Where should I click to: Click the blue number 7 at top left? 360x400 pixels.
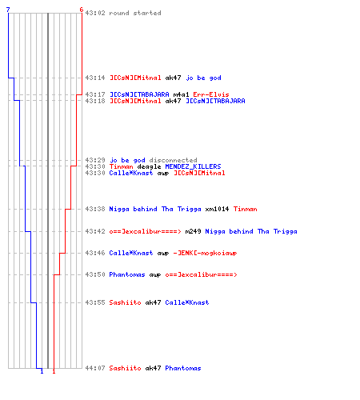coord(8,10)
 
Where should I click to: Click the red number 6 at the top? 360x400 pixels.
coord(82,10)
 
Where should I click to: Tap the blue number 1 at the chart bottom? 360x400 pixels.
coord(42,371)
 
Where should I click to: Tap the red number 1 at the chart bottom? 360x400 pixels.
coord(54,371)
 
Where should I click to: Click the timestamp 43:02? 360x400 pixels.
coord(95,13)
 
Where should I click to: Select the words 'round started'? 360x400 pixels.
coord(135,13)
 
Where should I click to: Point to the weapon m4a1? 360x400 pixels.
coord(181,94)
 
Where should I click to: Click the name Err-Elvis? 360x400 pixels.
coord(211,94)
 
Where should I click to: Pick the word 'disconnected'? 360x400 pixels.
coord(173,160)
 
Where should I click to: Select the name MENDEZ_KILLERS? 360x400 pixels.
coord(193,166)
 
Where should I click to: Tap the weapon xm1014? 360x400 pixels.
coord(217,209)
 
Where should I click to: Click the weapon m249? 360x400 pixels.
coord(193,231)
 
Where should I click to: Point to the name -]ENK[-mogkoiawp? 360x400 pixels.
coord(205,253)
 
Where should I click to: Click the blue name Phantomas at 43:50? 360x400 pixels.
coord(127,274)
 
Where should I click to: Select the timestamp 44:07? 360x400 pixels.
coord(95,368)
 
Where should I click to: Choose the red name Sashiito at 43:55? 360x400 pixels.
coord(125,302)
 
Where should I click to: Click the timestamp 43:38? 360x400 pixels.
coord(95,209)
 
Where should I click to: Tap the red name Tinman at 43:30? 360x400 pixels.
coord(121,166)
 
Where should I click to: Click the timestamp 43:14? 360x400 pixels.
coord(95,78)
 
